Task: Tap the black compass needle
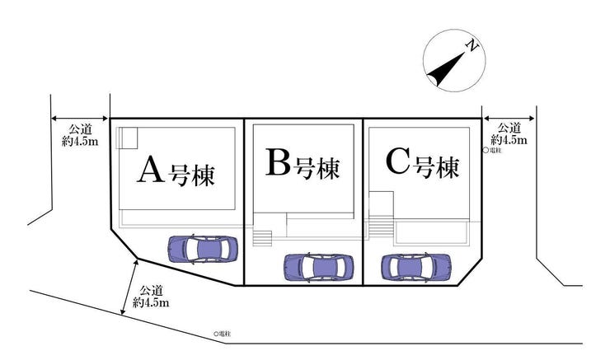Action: coord(447,69)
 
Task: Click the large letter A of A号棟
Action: coord(150,170)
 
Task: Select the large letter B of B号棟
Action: coord(278,161)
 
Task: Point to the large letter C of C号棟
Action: coord(397,161)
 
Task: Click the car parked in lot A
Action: coord(203,250)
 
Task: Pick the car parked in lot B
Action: coord(319,267)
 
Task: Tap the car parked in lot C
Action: coord(416,267)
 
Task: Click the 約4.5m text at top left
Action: coord(80,141)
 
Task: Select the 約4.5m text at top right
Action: coord(509,139)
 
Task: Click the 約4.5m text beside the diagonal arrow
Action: coord(151,302)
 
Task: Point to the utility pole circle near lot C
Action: coord(486,150)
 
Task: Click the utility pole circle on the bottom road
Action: coord(216,334)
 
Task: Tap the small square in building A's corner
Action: coord(127,138)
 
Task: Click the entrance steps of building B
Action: coord(262,238)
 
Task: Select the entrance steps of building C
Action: coord(381,228)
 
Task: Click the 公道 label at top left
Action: coord(81,129)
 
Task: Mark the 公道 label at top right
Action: coord(509,128)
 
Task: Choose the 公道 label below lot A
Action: coord(152,291)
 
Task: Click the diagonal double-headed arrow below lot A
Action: coord(129,287)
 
